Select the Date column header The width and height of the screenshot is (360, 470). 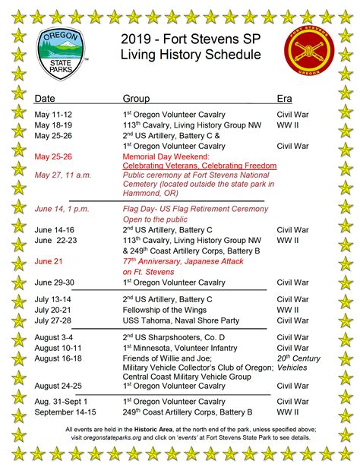[x=45, y=99]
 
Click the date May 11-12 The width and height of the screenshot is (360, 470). [x=54, y=114]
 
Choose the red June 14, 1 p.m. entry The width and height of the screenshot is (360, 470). [x=63, y=208]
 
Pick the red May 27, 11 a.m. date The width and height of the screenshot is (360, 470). [x=63, y=175]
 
